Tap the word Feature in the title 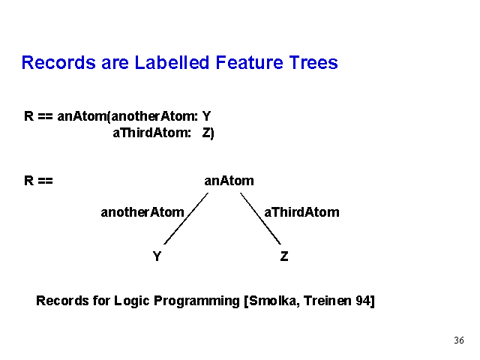(x=249, y=62)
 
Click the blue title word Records (x=58, y=62)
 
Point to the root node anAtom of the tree (x=229, y=181)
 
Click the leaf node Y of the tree (x=157, y=256)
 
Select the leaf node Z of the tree (x=284, y=256)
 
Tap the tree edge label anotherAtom (x=142, y=212)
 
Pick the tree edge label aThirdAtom (x=301, y=212)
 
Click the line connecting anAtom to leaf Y (x=186, y=218)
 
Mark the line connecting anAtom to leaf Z (x=260, y=218)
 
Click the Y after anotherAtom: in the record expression (x=207, y=116)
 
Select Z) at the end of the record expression (x=208, y=133)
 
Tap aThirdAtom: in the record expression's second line (x=152, y=133)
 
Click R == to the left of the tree (x=38, y=181)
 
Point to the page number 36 (x=459, y=340)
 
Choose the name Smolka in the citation (x=274, y=301)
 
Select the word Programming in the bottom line (x=196, y=301)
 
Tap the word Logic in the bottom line (x=132, y=301)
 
